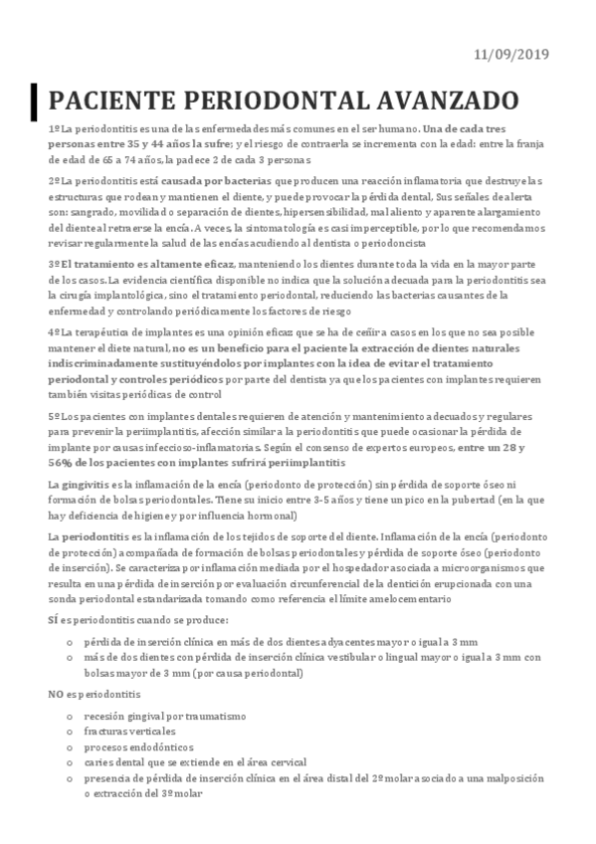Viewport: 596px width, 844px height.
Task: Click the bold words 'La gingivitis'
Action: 78,484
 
